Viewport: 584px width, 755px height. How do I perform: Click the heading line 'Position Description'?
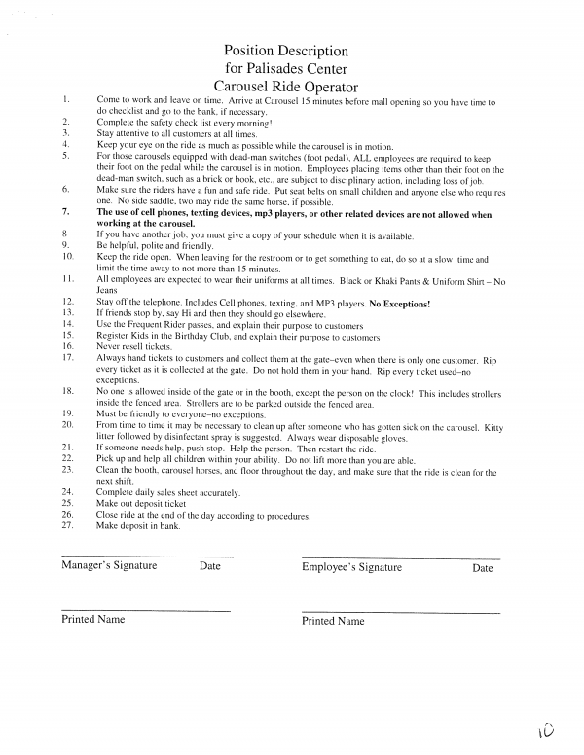(x=285, y=51)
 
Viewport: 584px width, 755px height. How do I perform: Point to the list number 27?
(x=67, y=525)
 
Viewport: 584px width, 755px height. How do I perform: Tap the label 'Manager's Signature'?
(x=109, y=565)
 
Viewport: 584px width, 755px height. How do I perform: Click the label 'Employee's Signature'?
(x=351, y=567)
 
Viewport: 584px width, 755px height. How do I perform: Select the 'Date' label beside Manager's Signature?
(x=209, y=565)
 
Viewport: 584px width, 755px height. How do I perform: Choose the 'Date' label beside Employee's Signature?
(x=482, y=568)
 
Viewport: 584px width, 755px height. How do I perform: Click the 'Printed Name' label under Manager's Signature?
(x=93, y=619)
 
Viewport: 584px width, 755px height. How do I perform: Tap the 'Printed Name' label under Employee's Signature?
(x=333, y=621)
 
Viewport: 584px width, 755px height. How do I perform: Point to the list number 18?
(x=67, y=391)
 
